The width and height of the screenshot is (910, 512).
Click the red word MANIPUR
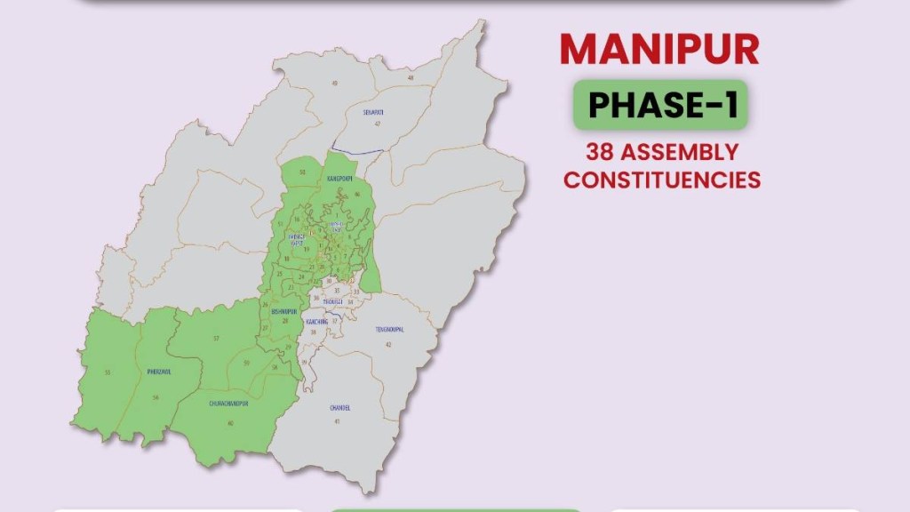click(659, 50)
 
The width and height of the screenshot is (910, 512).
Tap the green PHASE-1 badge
click(659, 105)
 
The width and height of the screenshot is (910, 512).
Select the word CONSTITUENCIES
click(663, 179)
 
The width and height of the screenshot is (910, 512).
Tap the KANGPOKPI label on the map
click(339, 179)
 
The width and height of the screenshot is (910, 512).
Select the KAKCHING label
click(316, 320)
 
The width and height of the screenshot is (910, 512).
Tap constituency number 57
click(216, 339)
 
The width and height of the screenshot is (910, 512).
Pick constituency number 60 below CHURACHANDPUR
click(231, 422)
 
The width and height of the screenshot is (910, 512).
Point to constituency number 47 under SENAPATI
click(377, 124)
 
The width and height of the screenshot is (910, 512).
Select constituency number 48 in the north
click(411, 78)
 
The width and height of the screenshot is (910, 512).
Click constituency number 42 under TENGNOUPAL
click(387, 342)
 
